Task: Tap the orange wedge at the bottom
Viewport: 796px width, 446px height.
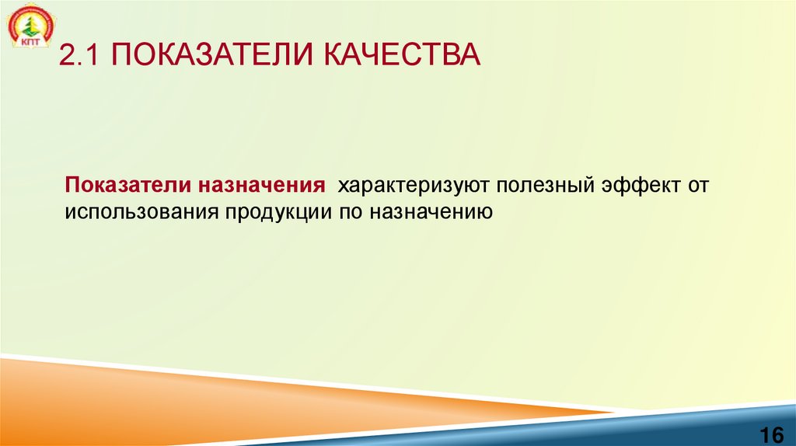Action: point(233,392)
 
